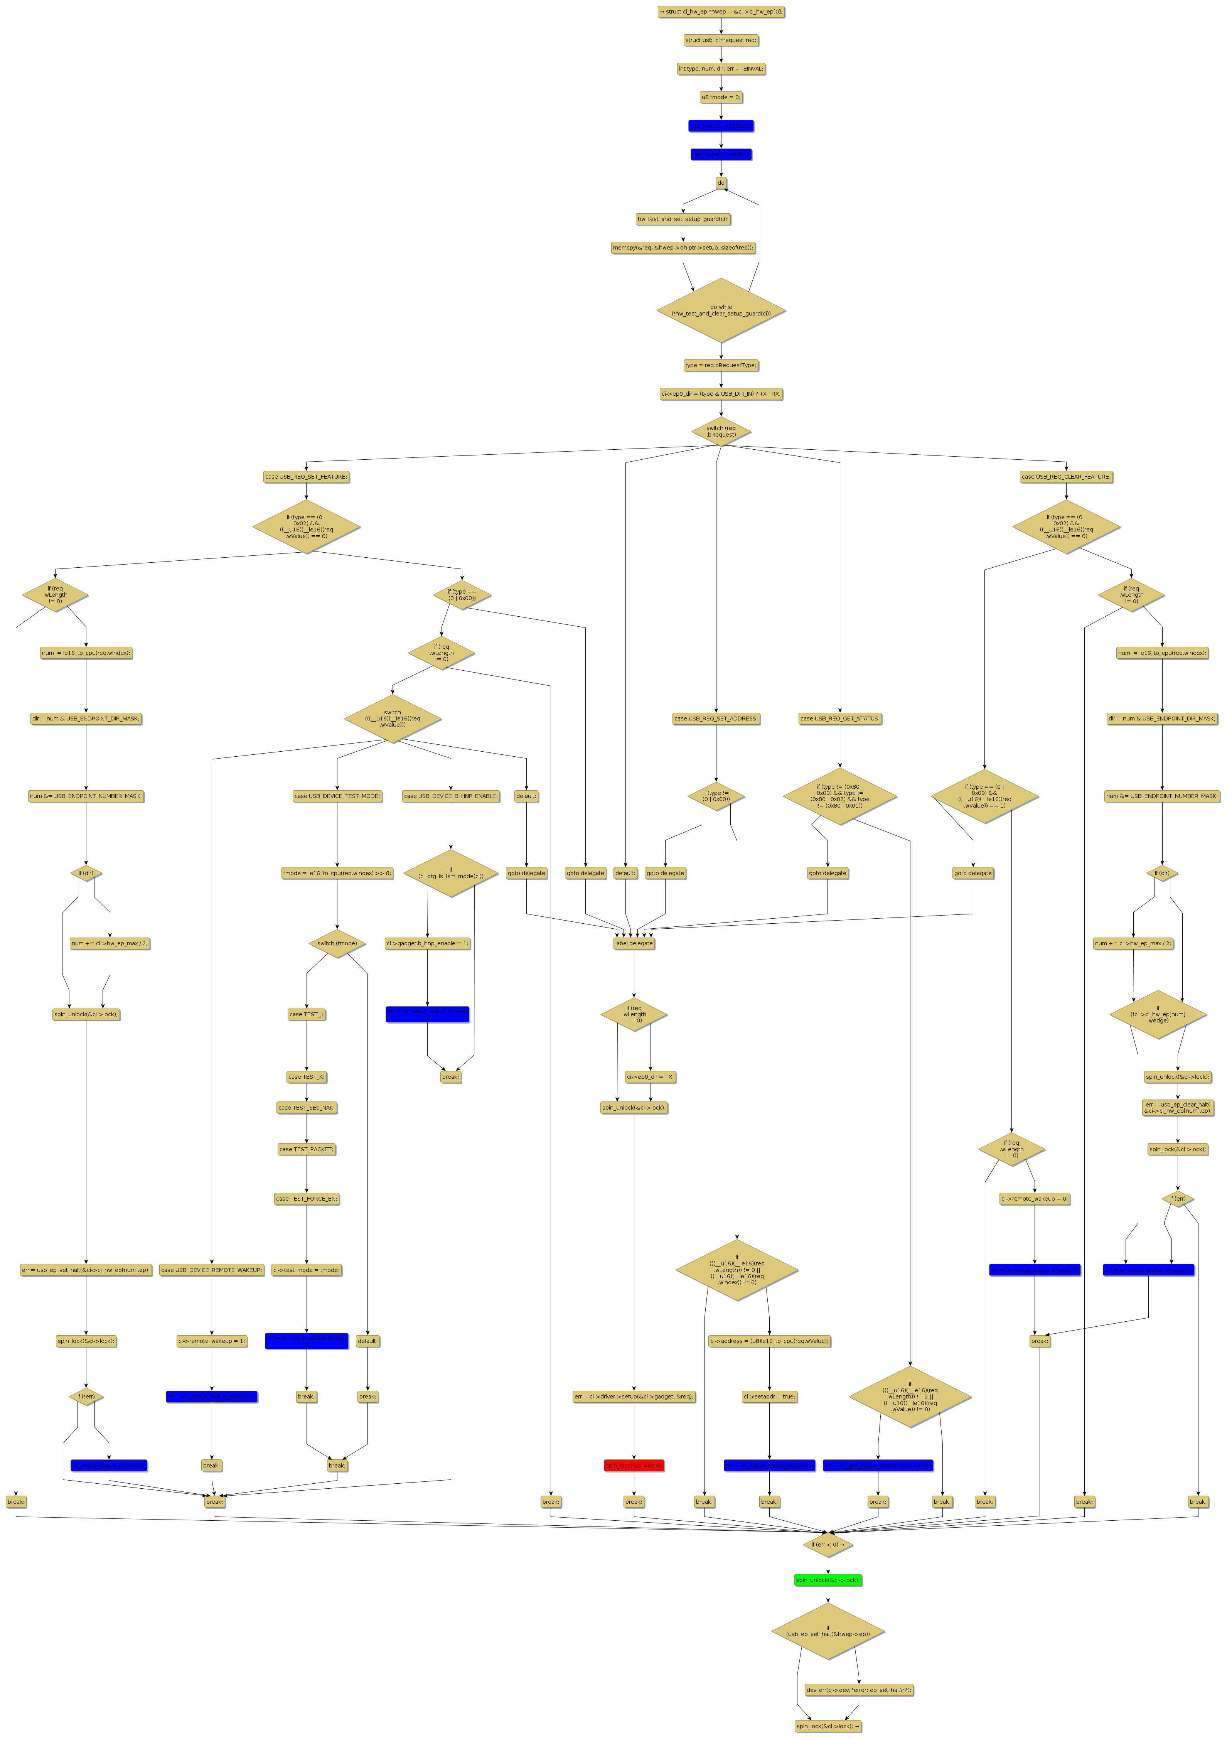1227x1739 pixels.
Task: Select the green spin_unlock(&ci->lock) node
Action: (x=828, y=1580)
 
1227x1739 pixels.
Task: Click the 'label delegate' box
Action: (x=634, y=944)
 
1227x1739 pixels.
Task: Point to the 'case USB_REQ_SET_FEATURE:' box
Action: (x=306, y=477)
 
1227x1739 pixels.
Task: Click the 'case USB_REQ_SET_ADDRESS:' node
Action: (x=716, y=719)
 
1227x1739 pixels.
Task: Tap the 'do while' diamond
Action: (x=721, y=310)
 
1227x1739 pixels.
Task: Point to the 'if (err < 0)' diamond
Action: (x=828, y=1544)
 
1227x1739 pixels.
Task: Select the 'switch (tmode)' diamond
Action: (x=337, y=944)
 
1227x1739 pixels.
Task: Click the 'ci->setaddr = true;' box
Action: (x=770, y=1397)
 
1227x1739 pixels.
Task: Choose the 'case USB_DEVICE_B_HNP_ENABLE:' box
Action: (x=451, y=796)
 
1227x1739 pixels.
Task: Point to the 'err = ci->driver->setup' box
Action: (x=634, y=1397)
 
